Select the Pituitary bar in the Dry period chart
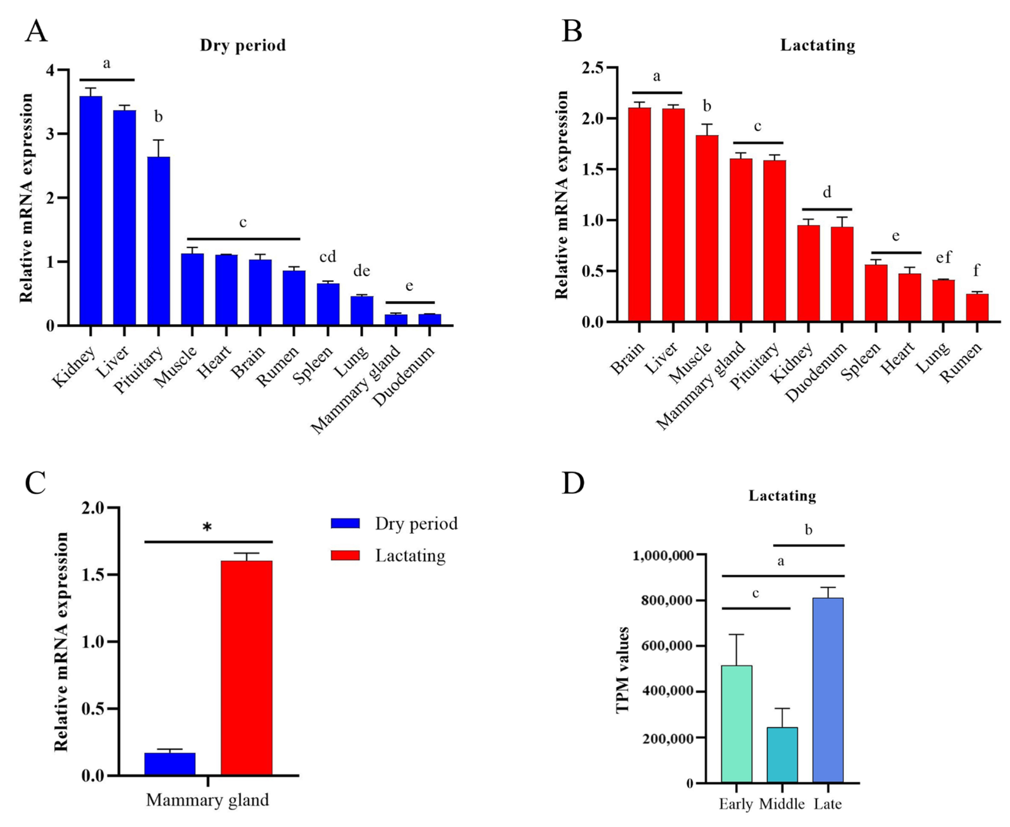(x=159, y=241)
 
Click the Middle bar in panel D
(x=782, y=755)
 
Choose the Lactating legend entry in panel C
(x=410, y=555)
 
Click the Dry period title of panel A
(x=242, y=45)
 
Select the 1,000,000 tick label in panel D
(x=662, y=555)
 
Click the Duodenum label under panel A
(x=404, y=376)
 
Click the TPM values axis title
(x=623, y=669)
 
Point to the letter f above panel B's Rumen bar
(x=976, y=271)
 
